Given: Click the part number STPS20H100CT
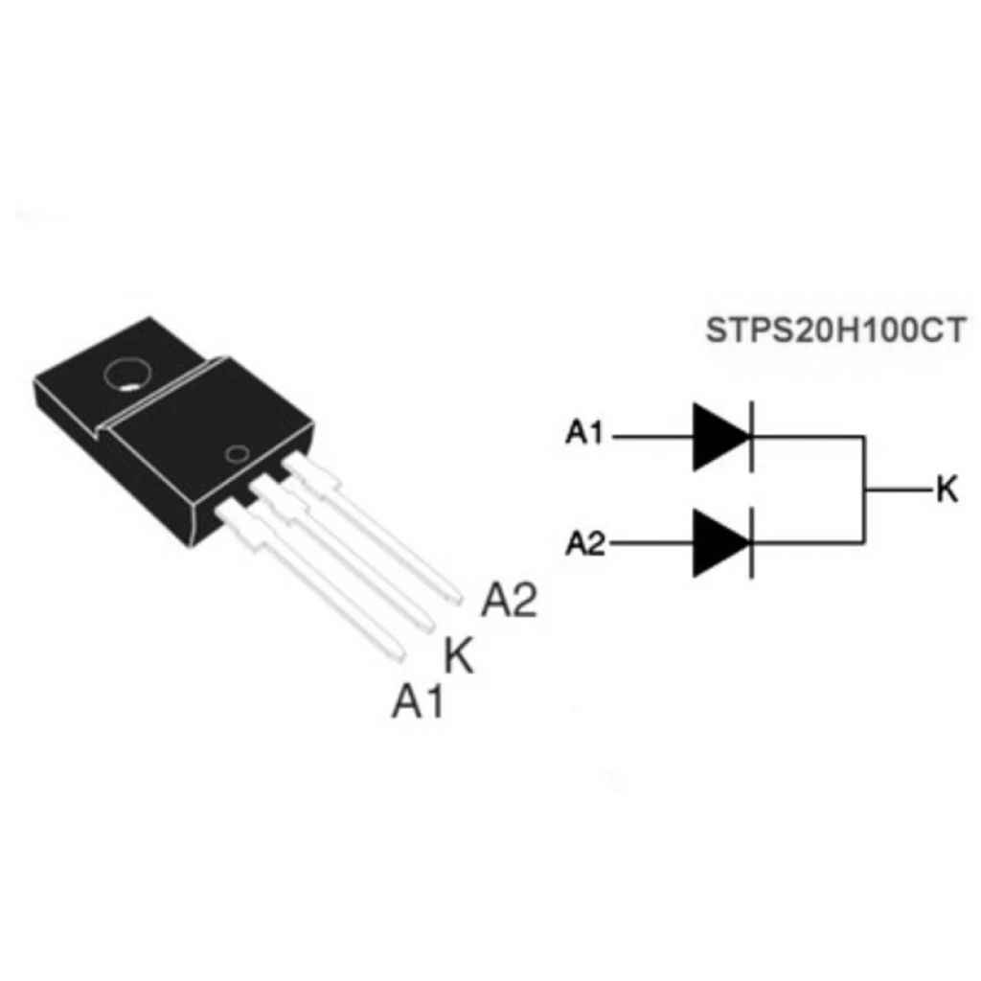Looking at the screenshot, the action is [x=835, y=331].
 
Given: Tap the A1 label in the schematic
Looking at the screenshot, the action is [x=583, y=432].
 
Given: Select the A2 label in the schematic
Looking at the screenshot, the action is [x=585, y=543].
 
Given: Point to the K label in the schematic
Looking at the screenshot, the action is [x=947, y=490].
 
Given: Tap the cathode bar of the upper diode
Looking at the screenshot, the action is [x=751, y=437].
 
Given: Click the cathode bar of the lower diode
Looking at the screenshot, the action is [x=751, y=543].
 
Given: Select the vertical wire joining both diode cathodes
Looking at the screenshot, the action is [x=864, y=490].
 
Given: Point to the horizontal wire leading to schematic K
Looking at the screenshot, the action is [x=900, y=490].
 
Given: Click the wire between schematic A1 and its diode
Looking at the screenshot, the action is [x=652, y=437].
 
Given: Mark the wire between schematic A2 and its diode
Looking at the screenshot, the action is [x=651, y=543].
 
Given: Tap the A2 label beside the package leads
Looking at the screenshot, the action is [x=510, y=600].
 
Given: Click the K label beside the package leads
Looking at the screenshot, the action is [x=459, y=654].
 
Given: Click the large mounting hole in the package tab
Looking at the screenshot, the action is [x=128, y=375].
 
